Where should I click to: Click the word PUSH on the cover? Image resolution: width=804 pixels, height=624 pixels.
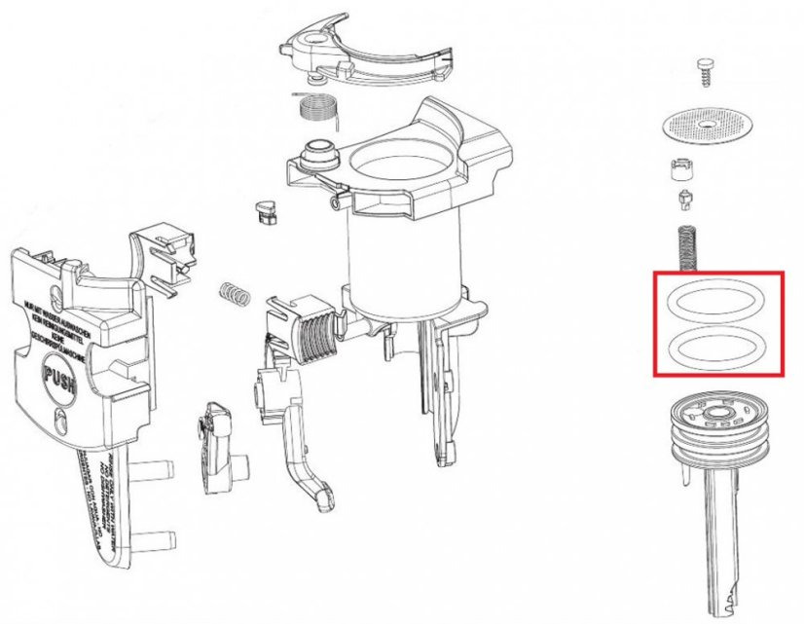(61, 373)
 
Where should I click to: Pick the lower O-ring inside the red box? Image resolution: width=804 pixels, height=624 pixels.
(718, 344)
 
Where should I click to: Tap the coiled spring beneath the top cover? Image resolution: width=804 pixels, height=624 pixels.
(315, 107)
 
